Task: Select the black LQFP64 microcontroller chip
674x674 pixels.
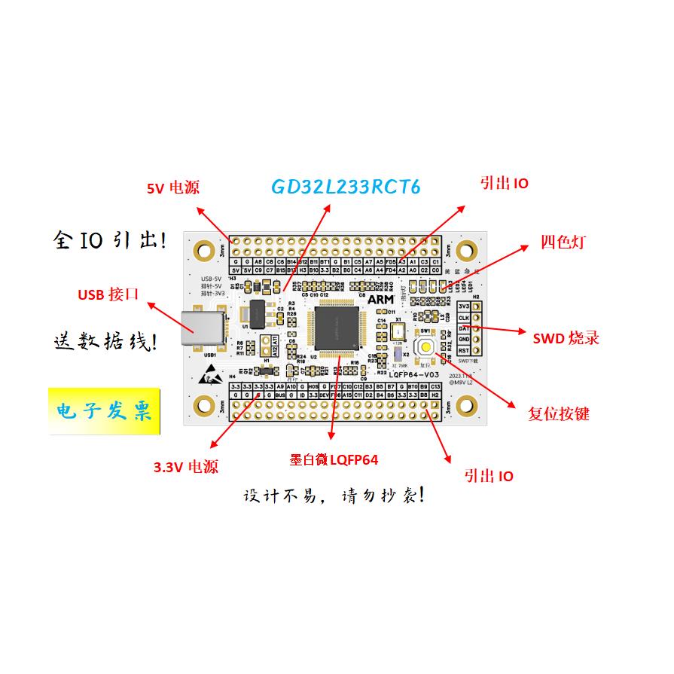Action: (x=336, y=326)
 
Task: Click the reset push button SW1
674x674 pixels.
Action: (x=426, y=346)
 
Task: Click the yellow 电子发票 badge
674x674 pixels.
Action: (x=105, y=412)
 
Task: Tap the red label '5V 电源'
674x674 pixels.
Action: (x=173, y=188)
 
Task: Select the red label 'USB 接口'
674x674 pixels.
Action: (x=108, y=294)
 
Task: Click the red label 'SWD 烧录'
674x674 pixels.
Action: (x=566, y=337)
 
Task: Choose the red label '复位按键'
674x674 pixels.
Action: (x=559, y=413)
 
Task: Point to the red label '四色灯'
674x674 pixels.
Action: (x=563, y=242)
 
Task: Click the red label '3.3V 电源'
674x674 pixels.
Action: (x=186, y=467)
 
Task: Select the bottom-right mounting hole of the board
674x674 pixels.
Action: (x=468, y=407)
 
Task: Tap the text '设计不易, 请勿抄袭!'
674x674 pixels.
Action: (x=338, y=496)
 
